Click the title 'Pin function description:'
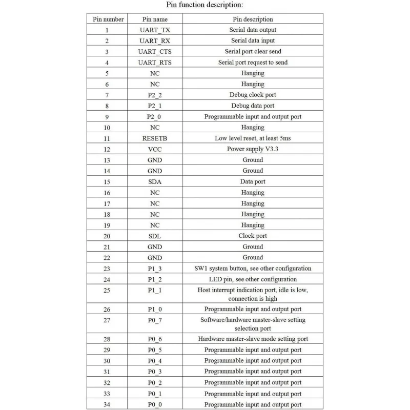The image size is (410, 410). click(204, 5)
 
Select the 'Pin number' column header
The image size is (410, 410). click(108, 19)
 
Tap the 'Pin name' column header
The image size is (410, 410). click(155, 19)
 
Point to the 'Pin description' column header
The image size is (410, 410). click(253, 19)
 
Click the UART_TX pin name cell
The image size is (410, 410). click(155, 30)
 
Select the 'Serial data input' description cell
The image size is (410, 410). click(253, 40)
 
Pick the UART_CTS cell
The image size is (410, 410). click(155, 52)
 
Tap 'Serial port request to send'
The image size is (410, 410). click(253, 63)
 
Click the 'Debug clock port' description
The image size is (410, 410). click(253, 95)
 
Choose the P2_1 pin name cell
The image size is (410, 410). click(155, 106)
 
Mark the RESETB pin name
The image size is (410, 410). click(155, 138)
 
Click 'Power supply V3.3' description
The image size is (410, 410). click(253, 149)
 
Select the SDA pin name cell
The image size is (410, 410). click(155, 181)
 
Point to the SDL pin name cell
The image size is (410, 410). click(155, 236)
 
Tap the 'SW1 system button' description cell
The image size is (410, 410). click(253, 269)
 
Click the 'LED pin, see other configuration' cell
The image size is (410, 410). click(253, 279)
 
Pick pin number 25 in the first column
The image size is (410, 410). click(107, 294)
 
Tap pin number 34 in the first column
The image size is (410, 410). click(107, 404)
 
